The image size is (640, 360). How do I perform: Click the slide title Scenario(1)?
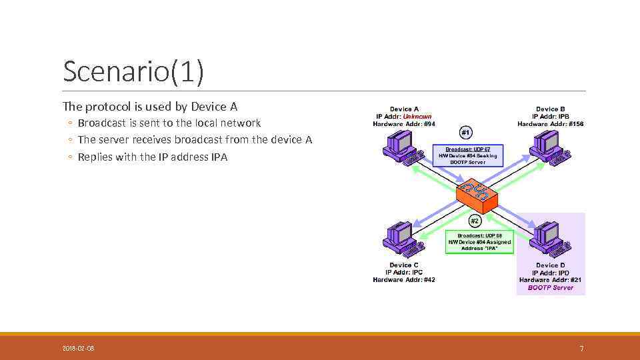[133, 72]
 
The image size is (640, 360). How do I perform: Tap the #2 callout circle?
[475, 220]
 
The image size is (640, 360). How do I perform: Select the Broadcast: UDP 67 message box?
[468, 155]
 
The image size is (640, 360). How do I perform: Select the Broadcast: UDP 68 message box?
[480, 242]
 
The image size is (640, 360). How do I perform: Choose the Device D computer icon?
[551, 239]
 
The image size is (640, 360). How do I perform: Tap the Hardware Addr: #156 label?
[551, 124]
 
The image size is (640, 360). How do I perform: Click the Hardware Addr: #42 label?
[404, 280]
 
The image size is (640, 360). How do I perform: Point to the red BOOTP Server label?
[551, 288]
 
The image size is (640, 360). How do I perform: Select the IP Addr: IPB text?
[551, 117]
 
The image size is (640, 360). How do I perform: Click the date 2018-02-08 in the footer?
[79, 348]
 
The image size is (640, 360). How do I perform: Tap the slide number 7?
[581, 348]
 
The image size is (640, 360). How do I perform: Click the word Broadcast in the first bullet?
[102, 123]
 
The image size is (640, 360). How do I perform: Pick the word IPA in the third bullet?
[219, 157]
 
